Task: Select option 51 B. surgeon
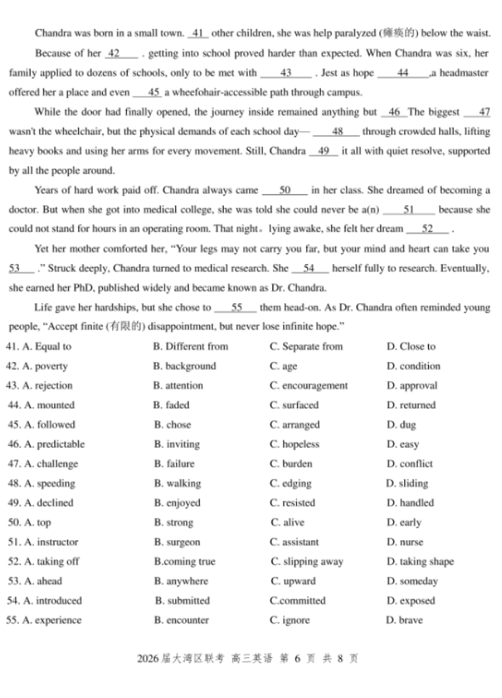pyautogui.click(x=177, y=542)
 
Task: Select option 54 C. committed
pyautogui.click(x=298, y=601)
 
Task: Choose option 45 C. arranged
pyautogui.click(x=294, y=424)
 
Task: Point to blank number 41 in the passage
pyautogui.click(x=198, y=33)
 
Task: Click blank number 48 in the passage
pyautogui.click(x=337, y=131)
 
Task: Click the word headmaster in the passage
pyautogui.click(x=463, y=73)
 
